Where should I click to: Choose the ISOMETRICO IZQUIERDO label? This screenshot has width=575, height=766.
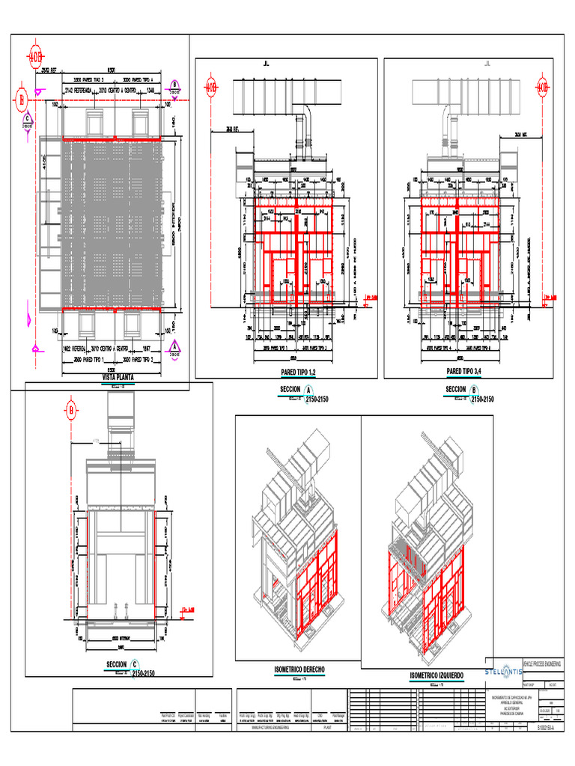click(437, 676)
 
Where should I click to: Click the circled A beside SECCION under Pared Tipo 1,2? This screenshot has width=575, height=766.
click(307, 389)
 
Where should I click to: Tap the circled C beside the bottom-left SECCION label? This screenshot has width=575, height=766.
click(134, 664)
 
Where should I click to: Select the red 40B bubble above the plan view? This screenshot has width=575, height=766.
click(36, 58)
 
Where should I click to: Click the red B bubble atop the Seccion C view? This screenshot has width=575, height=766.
click(72, 409)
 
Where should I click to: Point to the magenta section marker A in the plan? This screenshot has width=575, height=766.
click(174, 346)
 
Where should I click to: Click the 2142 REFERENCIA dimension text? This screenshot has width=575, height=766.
click(79, 90)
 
